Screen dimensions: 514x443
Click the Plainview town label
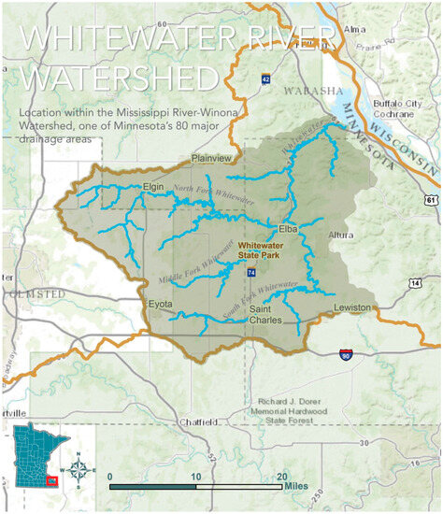[210, 159]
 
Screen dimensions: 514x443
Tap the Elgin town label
[153, 187]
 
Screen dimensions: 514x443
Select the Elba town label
[287, 229]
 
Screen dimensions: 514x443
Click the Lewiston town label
[353, 307]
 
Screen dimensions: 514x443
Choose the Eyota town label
[162, 305]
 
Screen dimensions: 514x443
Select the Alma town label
[356, 29]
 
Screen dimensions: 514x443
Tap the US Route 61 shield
[429, 198]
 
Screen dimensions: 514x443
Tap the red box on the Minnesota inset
[52, 479]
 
